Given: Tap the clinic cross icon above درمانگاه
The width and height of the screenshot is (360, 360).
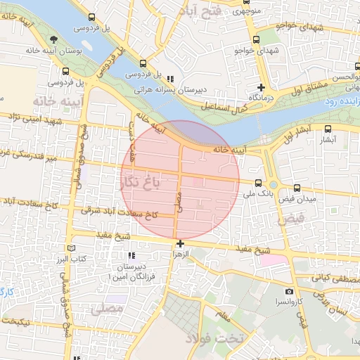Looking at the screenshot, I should point(260,87).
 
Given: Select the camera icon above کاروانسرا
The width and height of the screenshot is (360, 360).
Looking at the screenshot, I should point(289,291).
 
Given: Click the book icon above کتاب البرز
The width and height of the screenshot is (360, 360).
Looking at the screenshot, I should point(69,248).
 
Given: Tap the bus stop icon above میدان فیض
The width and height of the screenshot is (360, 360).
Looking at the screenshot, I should point(297,188).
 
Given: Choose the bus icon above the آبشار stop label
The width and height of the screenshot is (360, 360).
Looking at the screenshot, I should point(328,129).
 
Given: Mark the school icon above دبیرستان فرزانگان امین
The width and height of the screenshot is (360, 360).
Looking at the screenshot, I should point(130,256).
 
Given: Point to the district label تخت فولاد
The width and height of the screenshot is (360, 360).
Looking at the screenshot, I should point(214,339).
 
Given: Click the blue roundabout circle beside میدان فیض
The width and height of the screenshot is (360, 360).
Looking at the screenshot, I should point(273,184).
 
